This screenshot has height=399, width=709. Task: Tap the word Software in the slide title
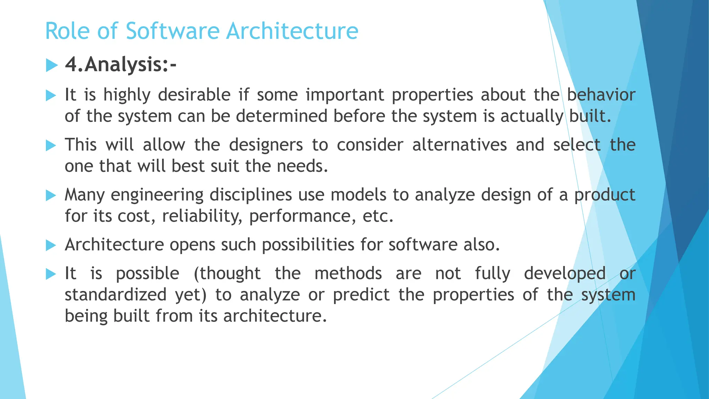coord(172,31)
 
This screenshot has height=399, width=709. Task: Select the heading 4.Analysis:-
coord(120,65)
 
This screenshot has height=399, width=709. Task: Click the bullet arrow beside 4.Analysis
coord(51,65)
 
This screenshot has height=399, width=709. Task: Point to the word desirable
coord(194,95)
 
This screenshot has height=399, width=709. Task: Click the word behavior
coord(601,95)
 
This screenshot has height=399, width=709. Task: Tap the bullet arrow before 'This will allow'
coord(51,145)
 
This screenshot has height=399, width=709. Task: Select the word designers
coord(266,145)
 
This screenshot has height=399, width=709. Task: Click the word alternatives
coord(459,145)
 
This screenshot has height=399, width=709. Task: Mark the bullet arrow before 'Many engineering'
coord(51,196)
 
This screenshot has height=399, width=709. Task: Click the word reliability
coord(202,216)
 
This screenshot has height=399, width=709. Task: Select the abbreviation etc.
coord(378,216)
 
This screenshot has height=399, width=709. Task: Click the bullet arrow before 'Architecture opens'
coord(51,246)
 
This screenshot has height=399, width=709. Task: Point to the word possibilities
coord(308,245)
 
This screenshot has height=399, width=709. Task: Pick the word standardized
coord(116,295)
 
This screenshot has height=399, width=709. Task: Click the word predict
coord(361,295)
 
